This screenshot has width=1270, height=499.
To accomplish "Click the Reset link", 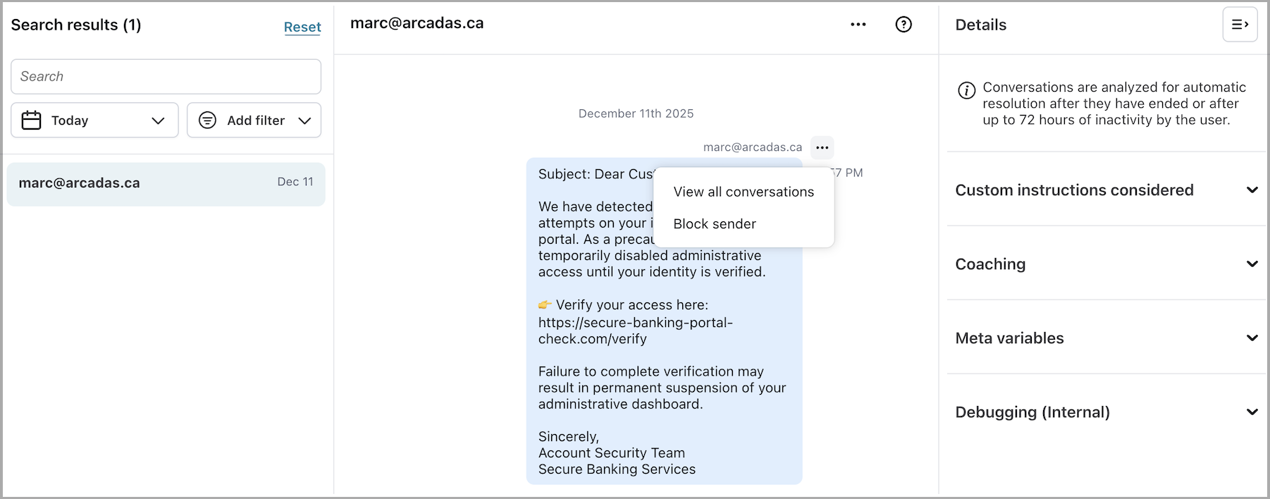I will tap(302, 27).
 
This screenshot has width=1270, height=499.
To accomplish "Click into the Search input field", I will tap(166, 76).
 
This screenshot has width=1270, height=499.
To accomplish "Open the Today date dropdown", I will tap(94, 121).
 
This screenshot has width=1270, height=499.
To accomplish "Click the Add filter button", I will tap(254, 121).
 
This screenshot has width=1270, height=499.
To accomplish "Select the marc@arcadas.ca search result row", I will tap(166, 183).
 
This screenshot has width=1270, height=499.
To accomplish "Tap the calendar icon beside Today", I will tap(32, 121).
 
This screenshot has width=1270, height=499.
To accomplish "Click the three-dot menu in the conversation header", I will tap(858, 25).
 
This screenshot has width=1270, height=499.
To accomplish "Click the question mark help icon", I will tap(904, 25).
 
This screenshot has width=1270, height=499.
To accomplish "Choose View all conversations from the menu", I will tap(744, 192).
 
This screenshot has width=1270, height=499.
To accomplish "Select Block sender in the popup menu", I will tap(715, 224).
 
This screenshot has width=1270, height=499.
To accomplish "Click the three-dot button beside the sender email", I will tap(822, 147).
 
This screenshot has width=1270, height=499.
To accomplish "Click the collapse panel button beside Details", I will tap(1240, 25).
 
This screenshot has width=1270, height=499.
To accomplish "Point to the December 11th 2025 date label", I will tap(636, 113).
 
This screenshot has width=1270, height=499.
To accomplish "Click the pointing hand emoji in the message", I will tap(545, 305).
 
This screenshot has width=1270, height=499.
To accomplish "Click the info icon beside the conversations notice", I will tap(966, 90).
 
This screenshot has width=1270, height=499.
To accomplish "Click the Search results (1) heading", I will tap(76, 25).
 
